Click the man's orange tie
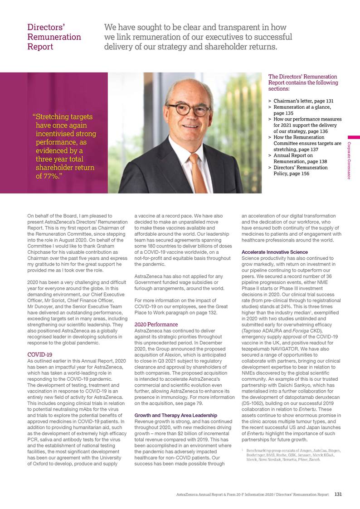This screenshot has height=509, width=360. (194, 170)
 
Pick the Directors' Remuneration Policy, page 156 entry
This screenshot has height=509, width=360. (300, 170)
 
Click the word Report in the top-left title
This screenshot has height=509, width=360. (40, 46)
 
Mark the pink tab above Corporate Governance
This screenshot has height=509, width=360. (354, 137)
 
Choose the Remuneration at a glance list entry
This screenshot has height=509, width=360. (302, 110)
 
